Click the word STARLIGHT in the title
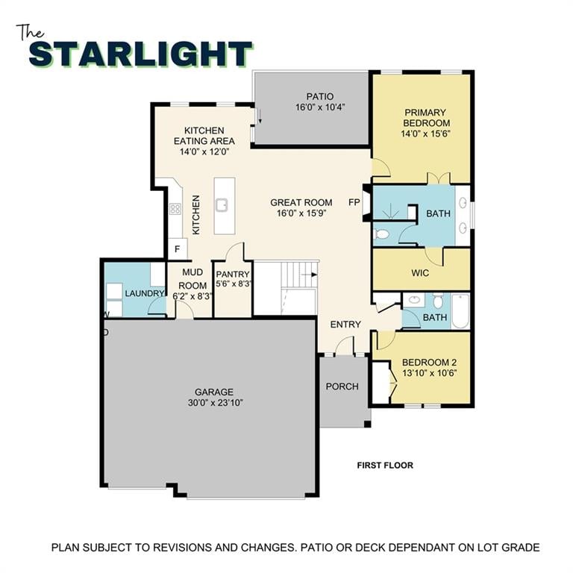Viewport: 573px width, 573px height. (140, 54)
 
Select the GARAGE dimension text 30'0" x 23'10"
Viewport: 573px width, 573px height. (214, 403)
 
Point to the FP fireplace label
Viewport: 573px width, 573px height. (354, 202)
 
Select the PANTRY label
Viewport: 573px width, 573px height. (232, 275)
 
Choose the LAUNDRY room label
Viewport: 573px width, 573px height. (144, 293)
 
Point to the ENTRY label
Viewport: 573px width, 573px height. (345, 325)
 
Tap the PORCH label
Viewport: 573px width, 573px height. (342, 386)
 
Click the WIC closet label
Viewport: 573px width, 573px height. (420, 273)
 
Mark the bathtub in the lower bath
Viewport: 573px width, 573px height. (460, 311)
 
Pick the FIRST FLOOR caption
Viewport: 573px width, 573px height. (384, 466)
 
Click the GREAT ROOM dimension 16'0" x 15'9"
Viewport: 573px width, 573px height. (301, 213)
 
